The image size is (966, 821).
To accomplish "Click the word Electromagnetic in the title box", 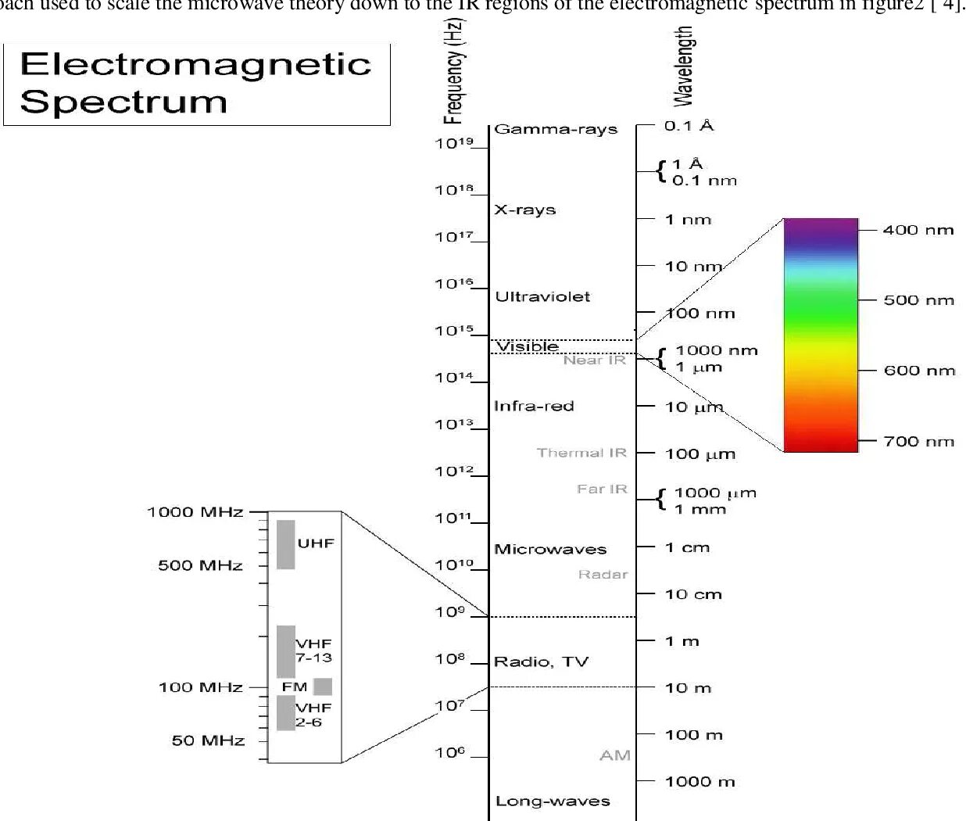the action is [195, 64].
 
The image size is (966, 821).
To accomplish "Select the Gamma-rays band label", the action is [556, 130].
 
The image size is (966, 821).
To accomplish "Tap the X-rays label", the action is [524, 210].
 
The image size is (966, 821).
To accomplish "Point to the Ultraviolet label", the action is [542, 297].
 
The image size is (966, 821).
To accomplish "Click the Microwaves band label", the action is [550, 549].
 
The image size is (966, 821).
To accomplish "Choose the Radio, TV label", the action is [541, 662].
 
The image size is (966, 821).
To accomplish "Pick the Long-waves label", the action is [553, 801].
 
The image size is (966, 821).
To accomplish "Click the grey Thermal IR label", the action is [581, 453].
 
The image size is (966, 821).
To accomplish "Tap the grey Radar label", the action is [603, 575].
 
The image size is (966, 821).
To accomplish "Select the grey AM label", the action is [614, 755].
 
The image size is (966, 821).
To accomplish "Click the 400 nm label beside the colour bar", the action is [918, 230].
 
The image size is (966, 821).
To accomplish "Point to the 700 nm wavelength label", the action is [918, 442].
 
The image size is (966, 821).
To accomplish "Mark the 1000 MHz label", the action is [195, 513].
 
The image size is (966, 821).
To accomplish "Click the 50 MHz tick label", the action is [208, 740].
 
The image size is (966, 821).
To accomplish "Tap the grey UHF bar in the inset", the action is [286, 544].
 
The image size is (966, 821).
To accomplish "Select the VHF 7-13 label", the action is [313, 651].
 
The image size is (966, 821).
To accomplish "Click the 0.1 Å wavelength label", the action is [689, 125].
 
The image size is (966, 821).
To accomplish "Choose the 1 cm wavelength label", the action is [687, 547].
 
